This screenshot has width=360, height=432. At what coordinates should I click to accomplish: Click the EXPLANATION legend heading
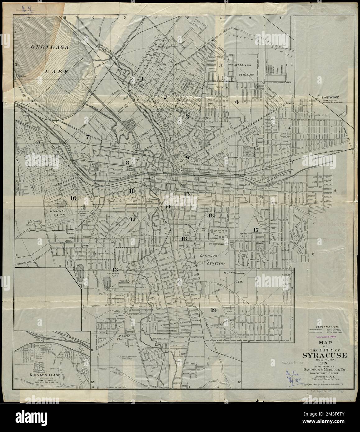pyautogui.click(x=326, y=327)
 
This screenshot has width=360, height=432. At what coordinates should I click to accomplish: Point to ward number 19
pyautogui.click(x=213, y=310)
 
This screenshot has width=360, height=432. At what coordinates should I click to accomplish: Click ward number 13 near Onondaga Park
pyautogui.click(x=115, y=269)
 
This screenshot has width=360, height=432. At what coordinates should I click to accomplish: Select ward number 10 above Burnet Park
pyautogui.click(x=73, y=198)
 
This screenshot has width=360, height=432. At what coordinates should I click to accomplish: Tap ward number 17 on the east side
pyautogui.click(x=256, y=230)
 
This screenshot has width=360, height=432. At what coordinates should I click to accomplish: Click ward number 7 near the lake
pyautogui.click(x=88, y=136)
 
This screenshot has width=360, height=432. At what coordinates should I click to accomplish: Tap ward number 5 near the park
pyautogui.click(x=257, y=148)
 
